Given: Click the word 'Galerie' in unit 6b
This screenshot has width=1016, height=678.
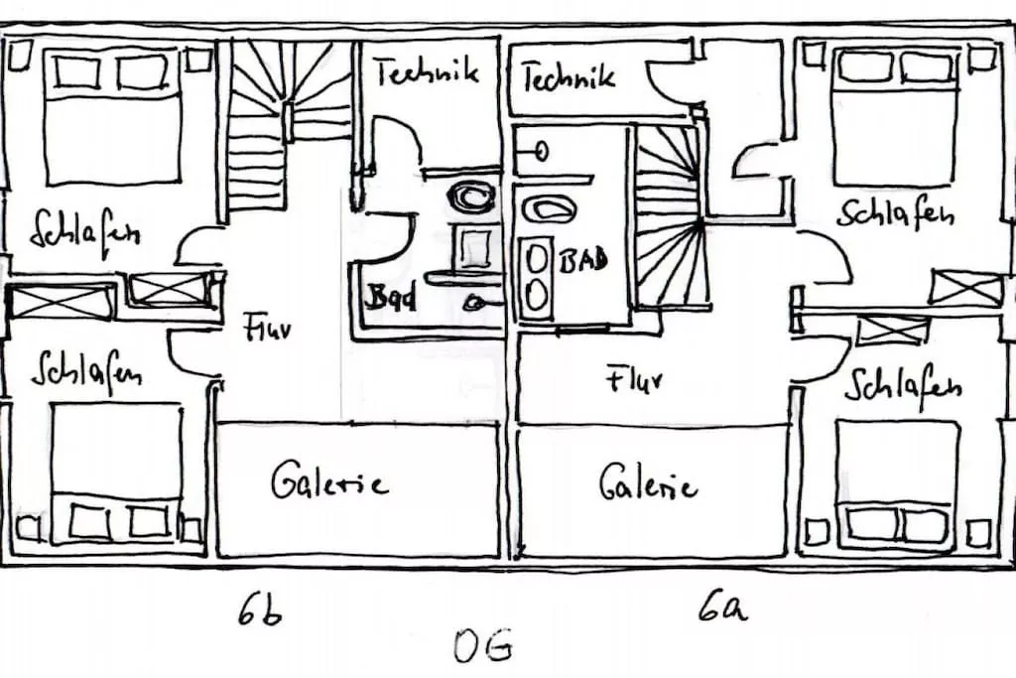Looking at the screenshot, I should pos(328,482).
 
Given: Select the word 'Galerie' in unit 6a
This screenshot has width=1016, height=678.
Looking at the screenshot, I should pos(648,483).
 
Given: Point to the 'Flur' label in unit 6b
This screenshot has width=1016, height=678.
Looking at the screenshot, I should pos(268,328).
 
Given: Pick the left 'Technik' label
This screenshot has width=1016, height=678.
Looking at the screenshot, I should pos(426,70).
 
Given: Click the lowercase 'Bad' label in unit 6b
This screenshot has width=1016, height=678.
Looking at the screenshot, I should pos(391,297).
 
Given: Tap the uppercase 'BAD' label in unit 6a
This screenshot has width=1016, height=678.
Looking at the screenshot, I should pos(583,262).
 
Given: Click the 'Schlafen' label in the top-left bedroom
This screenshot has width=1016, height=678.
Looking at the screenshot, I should pos(84,229).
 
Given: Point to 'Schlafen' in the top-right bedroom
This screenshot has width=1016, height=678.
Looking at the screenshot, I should pos(895,212).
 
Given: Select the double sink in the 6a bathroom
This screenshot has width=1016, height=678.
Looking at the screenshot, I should pos(537,279).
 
